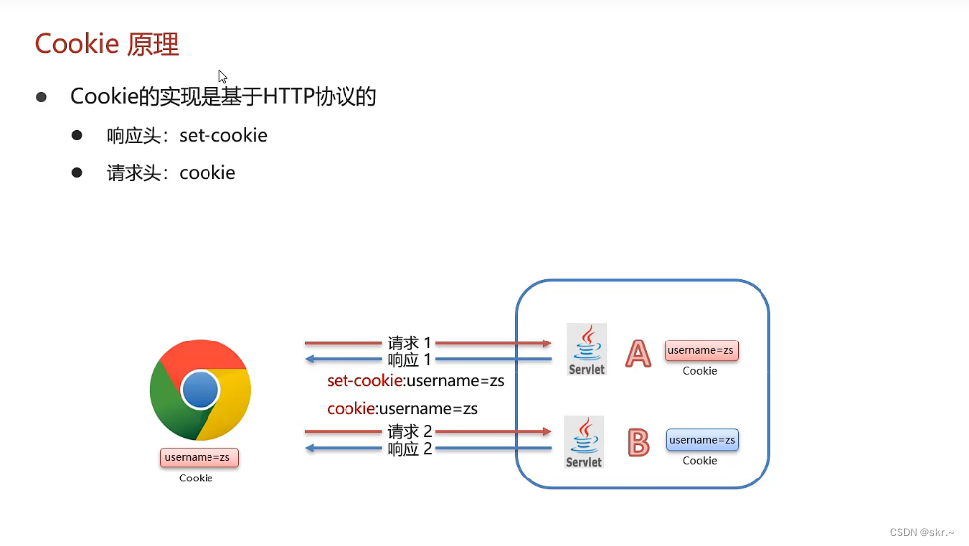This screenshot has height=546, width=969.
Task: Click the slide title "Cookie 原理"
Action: [106, 44]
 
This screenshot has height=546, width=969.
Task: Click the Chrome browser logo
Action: [200, 389]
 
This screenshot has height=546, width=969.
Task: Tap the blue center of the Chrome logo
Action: [200, 389]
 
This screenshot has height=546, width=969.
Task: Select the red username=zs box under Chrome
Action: [200, 457]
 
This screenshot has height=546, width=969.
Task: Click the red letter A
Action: [638, 353]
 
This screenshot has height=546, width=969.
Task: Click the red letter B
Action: [638, 442]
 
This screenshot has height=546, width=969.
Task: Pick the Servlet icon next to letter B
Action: [584, 442]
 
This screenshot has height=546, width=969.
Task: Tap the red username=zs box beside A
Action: [702, 350]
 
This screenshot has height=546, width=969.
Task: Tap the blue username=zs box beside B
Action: [702, 440]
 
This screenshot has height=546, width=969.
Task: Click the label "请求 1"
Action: [410, 342]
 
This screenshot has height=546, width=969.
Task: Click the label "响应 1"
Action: [410, 359]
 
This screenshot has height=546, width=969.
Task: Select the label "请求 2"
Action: [410, 432]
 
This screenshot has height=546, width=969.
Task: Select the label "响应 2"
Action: [410, 449]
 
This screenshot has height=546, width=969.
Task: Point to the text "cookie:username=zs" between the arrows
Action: [402, 408]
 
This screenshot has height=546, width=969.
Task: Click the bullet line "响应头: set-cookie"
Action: [187, 135]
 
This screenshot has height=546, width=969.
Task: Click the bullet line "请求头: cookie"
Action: [171, 172]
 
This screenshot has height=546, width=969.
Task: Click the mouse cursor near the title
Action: [223, 77]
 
